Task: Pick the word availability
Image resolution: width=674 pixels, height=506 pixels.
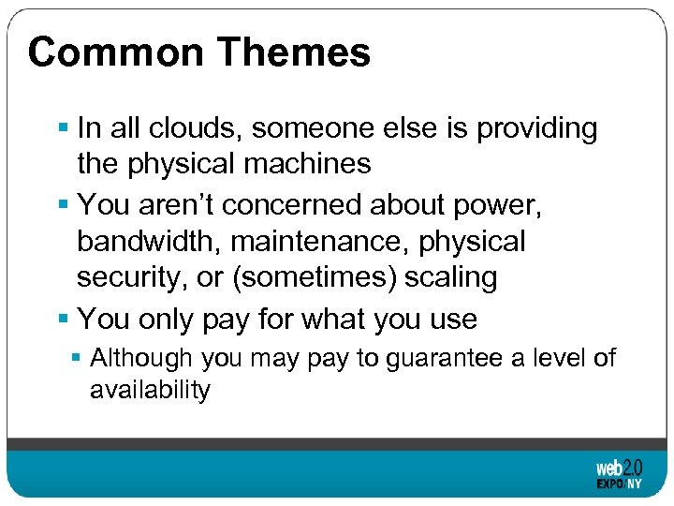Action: click(x=150, y=389)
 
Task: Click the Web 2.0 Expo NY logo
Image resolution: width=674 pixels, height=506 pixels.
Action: click(x=619, y=474)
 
